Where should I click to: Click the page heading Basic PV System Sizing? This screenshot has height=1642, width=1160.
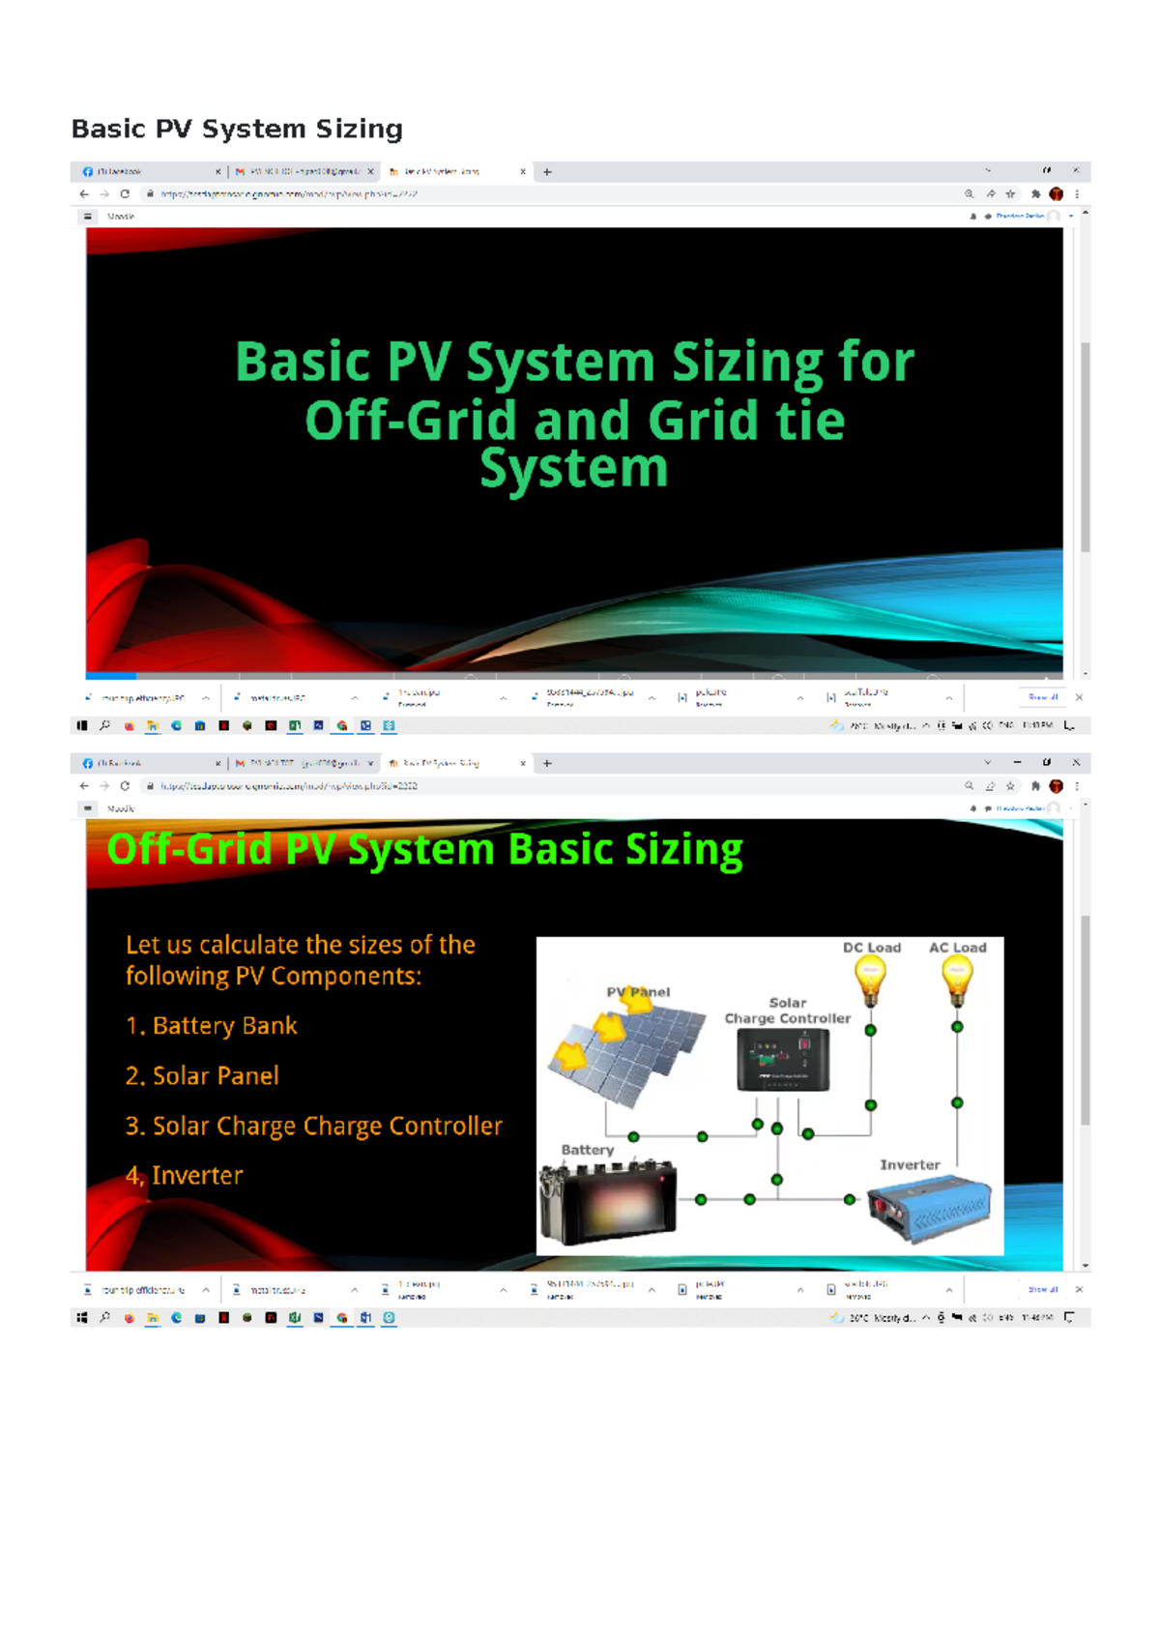[237, 129]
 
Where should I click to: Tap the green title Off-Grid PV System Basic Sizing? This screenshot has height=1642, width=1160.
[424, 850]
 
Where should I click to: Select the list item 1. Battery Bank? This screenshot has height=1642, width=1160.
[211, 1026]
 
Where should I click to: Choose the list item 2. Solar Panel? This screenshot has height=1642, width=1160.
[202, 1076]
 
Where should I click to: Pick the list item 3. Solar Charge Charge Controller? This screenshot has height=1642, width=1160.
[313, 1127]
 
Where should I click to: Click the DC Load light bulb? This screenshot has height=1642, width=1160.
[870, 980]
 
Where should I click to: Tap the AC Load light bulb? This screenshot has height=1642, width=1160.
[957, 980]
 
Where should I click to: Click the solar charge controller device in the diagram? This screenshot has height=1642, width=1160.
[783, 1060]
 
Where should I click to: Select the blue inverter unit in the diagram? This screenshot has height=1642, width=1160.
[929, 1209]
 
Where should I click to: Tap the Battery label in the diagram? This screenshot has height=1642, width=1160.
[588, 1150]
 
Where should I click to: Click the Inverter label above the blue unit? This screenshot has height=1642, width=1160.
[910, 1165]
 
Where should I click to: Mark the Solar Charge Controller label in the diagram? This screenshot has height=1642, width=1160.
[788, 1011]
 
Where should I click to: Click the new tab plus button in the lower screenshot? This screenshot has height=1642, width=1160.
[547, 763]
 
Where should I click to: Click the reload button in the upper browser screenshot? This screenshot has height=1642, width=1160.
[125, 194]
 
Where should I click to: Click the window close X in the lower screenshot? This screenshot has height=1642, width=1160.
[1076, 762]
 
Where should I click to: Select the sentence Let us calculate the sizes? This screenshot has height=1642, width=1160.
[300, 959]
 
